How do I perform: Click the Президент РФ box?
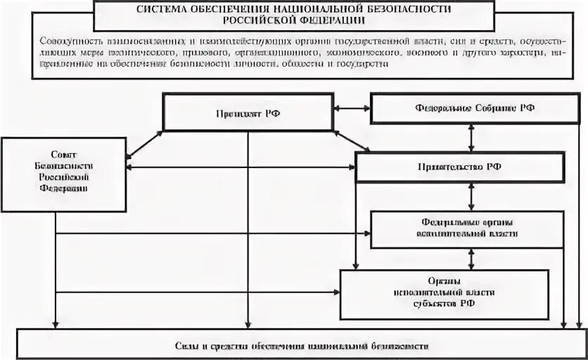point(247,112)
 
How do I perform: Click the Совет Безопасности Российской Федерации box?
point(63,174)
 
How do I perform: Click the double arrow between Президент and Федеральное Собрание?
point(351,108)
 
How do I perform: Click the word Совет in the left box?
point(63,153)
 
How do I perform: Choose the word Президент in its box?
point(235,112)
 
